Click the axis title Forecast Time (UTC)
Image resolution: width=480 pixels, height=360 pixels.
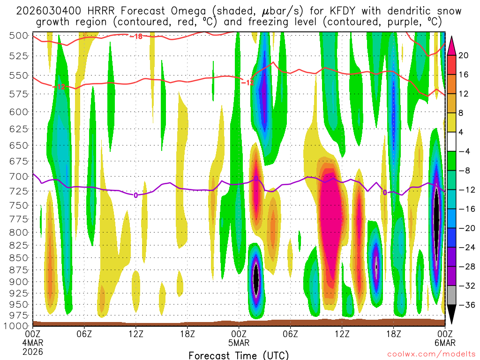coord(239,355)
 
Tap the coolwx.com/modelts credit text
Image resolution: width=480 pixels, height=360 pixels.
coord(432,355)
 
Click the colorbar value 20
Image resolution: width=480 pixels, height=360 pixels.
coord(463,55)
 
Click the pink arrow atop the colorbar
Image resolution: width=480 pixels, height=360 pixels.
coord(452,45)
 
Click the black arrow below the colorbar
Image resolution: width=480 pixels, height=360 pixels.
coord(452,317)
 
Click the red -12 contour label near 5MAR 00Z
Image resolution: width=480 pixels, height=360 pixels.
coord(247,82)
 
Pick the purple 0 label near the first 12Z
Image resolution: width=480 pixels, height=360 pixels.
coord(135,195)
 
